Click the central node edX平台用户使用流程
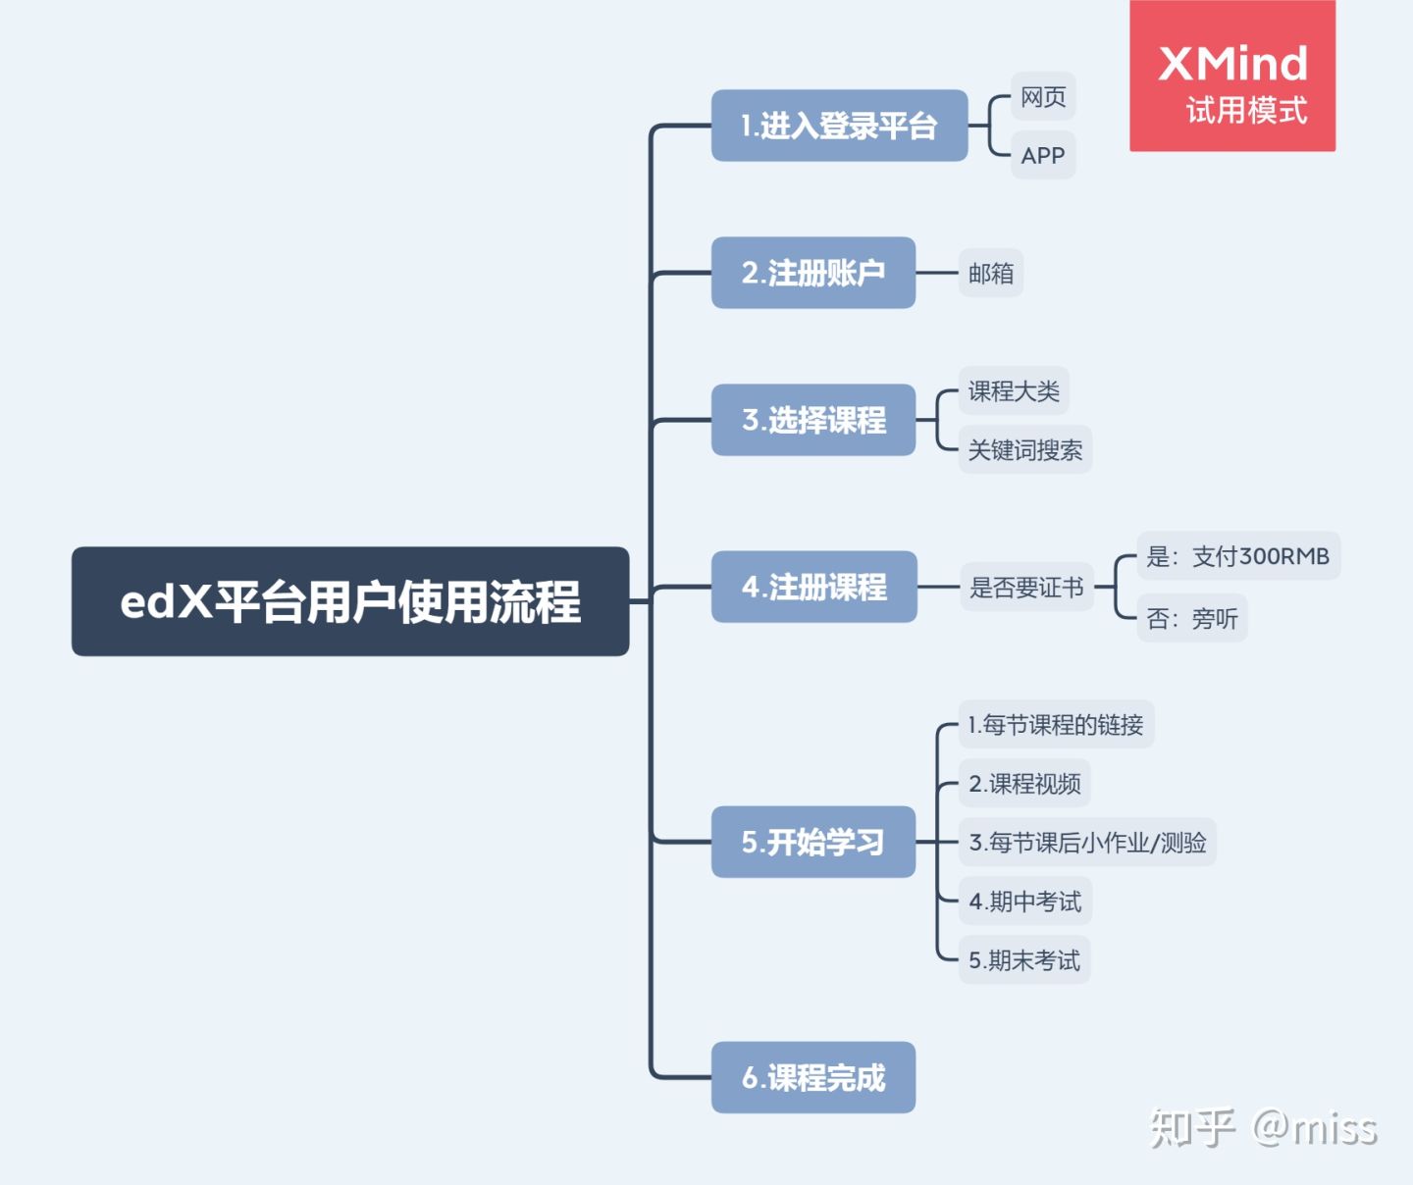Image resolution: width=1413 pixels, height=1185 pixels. tap(350, 601)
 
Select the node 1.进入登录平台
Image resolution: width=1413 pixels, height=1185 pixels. tap(839, 126)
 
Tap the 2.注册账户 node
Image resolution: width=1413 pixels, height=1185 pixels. tap(813, 273)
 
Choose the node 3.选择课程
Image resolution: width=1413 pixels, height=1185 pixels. tap(813, 420)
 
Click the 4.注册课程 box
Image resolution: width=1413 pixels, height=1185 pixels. tap(813, 587)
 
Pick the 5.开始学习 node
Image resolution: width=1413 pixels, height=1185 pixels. tap(813, 842)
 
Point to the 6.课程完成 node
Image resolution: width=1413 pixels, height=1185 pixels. tap(813, 1077)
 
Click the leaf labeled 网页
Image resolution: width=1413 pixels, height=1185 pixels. tap(1043, 97)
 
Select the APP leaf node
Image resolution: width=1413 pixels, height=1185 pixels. tap(1043, 155)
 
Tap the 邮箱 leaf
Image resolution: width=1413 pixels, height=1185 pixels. tap(991, 273)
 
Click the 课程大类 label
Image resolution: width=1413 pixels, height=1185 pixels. tap(1014, 391)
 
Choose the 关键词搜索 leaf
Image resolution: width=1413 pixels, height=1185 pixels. tap(1025, 450)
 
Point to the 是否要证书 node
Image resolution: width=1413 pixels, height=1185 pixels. tap(1026, 588)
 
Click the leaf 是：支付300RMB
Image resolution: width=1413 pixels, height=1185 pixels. tap(1238, 556)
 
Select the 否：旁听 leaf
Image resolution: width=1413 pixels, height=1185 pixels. tap(1192, 618)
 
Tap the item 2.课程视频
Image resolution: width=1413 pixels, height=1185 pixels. tap(1024, 784)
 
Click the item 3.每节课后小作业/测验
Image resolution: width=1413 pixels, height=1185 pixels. tap(1087, 843)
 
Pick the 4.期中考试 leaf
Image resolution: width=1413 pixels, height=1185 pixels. tap(1024, 902)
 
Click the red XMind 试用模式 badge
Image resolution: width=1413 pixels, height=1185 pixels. tap(1232, 77)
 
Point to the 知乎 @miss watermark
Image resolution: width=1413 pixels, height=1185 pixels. tap(1264, 1128)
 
